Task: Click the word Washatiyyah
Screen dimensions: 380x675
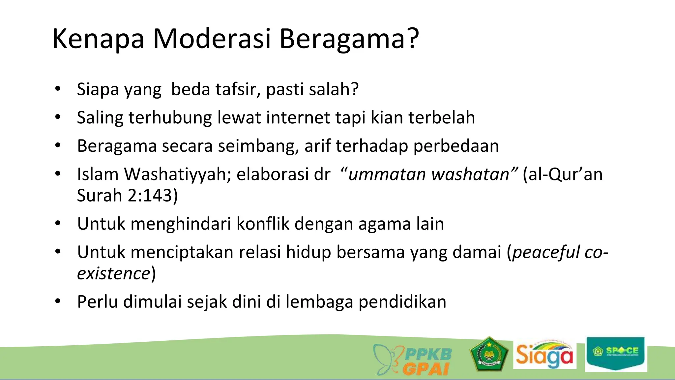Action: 178,174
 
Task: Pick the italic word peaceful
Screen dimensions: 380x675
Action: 546,252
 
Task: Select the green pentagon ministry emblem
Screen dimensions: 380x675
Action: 489,354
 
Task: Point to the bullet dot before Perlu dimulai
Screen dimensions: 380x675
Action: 58,301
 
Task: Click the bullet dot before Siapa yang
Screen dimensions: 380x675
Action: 58,89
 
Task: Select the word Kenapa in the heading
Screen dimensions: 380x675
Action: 98,39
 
